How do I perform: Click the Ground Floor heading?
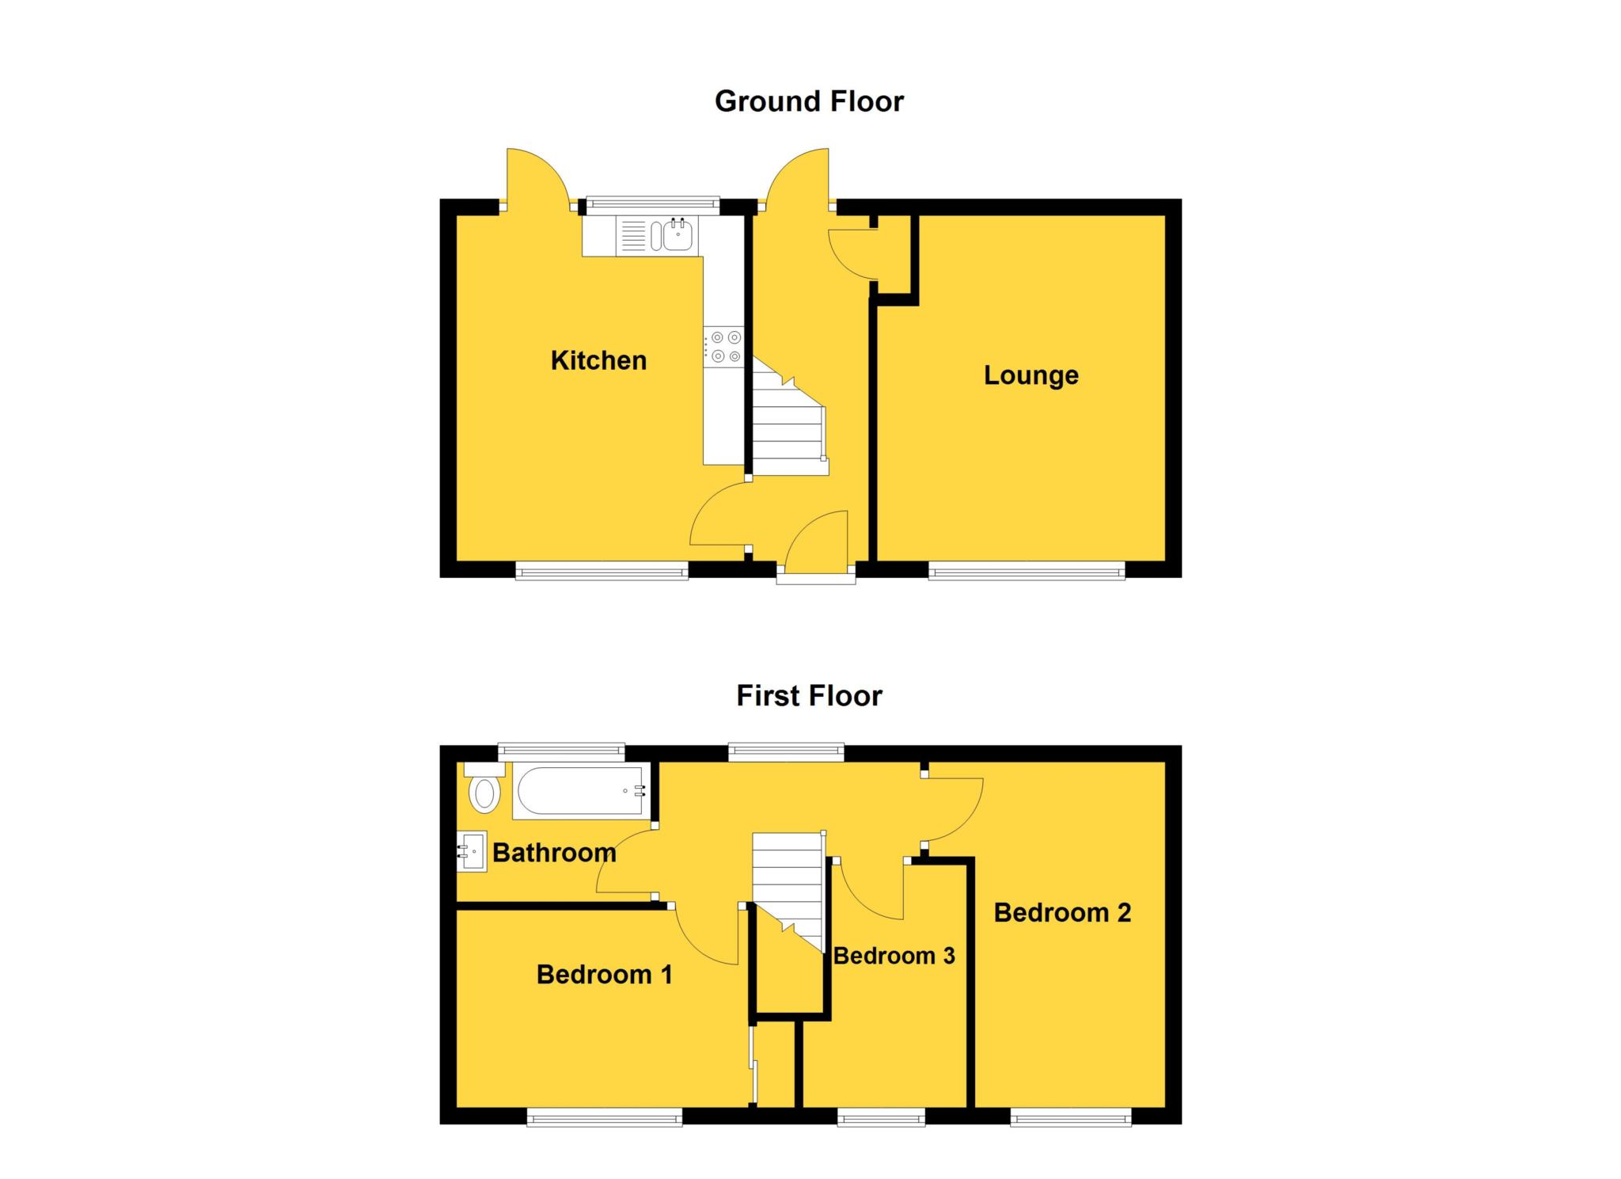(x=809, y=101)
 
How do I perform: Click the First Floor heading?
(x=809, y=696)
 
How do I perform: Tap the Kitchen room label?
(x=598, y=360)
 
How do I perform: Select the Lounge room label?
(x=1031, y=375)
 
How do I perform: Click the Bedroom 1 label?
(x=604, y=974)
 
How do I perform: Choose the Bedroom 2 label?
(x=1062, y=912)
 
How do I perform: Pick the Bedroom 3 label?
(x=894, y=956)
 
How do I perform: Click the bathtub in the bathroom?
(x=580, y=790)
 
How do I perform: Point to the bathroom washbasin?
(x=473, y=851)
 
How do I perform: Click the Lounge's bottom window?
(x=1026, y=570)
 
